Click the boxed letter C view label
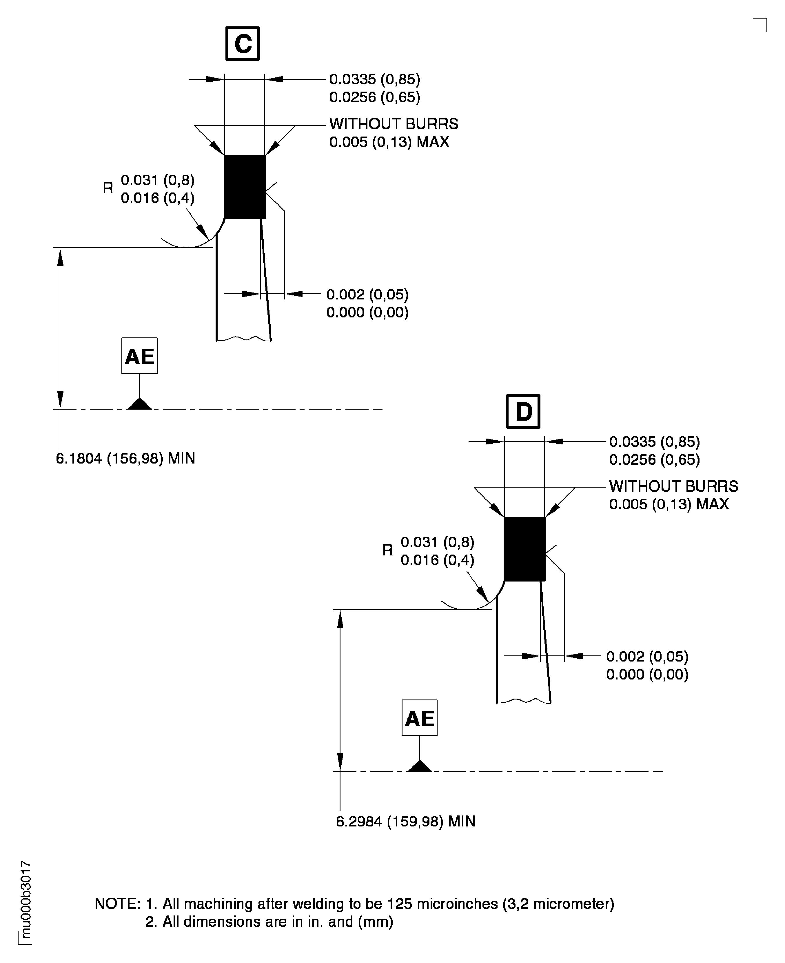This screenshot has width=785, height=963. [243, 44]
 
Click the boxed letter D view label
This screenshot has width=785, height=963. [523, 411]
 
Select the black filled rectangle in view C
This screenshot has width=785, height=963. [245, 187]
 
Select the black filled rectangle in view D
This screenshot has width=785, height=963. [524, 549]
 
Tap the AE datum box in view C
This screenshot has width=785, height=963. [139, 355]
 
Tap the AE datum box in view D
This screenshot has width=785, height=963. [419, 718]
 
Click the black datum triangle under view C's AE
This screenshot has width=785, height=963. [139, 404]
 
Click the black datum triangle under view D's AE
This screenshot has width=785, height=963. [419, 766]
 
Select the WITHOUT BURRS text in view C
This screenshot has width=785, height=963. [394, 124]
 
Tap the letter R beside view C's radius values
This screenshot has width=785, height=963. [108, 188]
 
